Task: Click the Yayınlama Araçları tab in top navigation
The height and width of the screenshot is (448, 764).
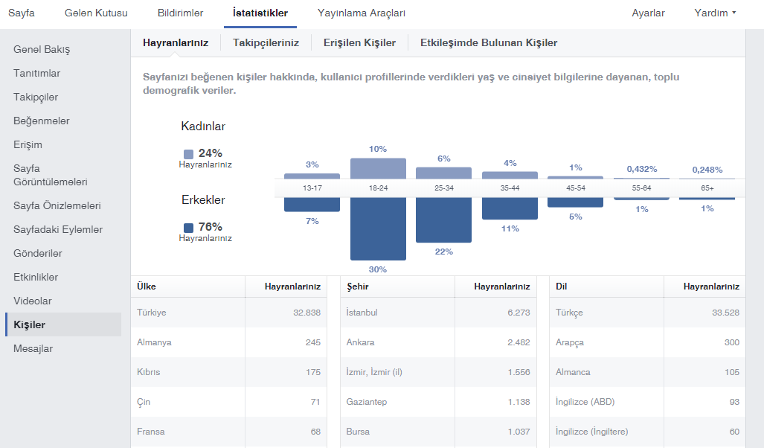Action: click(x=361, y=13)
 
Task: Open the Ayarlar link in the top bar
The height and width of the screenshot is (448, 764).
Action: click(x=648, y=13)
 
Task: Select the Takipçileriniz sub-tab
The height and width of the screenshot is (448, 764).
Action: click(x=266, y=43)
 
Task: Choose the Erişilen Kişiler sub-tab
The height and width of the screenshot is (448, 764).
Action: click(x=359, y=43)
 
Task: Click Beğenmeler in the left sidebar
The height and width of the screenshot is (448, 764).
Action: click(x=42, y=121)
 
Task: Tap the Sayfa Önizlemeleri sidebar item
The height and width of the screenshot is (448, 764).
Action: click(x=57, y=205)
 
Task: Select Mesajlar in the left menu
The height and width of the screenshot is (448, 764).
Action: click(x=33, y=348)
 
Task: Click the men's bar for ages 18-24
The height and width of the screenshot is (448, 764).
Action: click(x=378, y=228)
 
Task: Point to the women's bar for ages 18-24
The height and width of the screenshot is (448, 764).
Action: click(x=378, y=168)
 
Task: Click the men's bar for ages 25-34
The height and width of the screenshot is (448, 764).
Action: click(x=443, y=220)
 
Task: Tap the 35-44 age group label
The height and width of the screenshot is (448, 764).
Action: click(x=510, y=188)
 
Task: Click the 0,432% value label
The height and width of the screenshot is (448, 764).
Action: click(x=642, y=169)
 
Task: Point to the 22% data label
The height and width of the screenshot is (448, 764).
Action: click(x=444, y=252)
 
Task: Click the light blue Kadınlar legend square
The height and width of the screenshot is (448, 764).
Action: click(x=188, y=154)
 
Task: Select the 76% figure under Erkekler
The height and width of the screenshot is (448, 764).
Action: click(x=210, y=227)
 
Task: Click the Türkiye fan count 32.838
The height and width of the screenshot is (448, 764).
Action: click(x=307, y=313)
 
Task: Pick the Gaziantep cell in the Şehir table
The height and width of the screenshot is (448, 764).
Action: click(x=367, y=402)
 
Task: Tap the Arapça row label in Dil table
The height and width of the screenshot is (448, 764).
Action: click(x=570, y=343)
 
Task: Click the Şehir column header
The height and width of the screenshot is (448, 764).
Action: click(x=358, y=287)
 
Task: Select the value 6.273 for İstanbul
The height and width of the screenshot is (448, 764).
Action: click(x=519, y=313)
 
